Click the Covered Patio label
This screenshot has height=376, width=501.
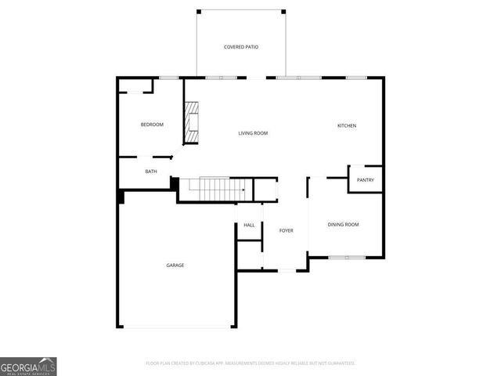click(x=241, y=47)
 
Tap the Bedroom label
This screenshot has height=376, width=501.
click(x=152, y=125)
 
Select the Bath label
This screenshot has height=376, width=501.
click(x=151, y=172)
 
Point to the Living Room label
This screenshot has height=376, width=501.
click(x=253, y=133)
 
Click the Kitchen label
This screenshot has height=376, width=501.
click(x=347, y=126)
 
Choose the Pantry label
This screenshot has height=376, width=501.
click(x=366, y=180)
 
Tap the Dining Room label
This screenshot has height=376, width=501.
click(x=343, y=225)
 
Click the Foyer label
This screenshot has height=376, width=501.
click(x=287, y=230)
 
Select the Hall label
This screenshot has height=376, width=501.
click(x=249, y=226)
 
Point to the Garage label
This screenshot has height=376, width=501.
click(x=175, y=266)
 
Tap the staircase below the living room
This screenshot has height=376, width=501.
click(x=213, y=188)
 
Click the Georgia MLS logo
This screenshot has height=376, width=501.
click(x=28, y=366)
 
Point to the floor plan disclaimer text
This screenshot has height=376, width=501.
click(x=250, y=363)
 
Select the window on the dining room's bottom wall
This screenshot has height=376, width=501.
click(x=347, y=257)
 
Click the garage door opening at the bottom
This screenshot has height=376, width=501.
click(x=176, y=327)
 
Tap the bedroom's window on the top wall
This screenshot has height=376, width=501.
click(x=168, y=77)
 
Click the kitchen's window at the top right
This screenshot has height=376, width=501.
click(x=356, y=77)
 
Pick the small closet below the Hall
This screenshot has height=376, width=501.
click(x=249, y=255)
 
